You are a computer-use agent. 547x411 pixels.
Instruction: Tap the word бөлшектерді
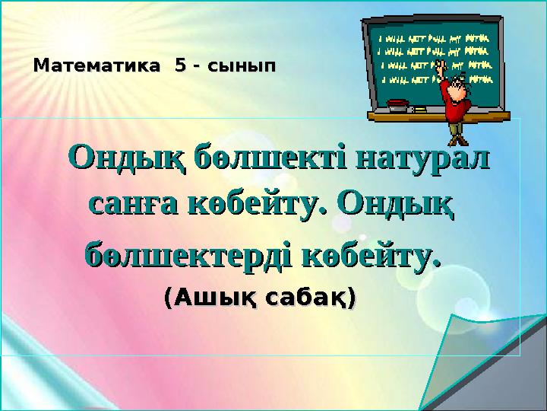[x=187, y=252]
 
